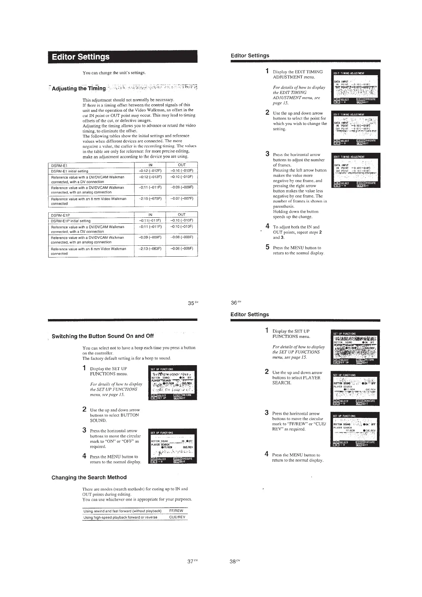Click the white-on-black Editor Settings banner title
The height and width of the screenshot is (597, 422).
81,57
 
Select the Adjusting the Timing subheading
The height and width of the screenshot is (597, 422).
78,88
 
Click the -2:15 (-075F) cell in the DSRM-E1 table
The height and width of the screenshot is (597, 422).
150,199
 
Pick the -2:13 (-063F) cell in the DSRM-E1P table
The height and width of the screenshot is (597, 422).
150,249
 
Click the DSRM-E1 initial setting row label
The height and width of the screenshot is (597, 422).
70,171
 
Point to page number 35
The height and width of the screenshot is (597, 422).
191,303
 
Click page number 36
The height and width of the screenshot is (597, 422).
234,303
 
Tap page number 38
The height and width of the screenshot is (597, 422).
233,562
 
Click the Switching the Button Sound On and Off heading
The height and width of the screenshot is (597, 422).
103,336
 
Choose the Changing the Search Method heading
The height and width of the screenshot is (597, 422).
89,478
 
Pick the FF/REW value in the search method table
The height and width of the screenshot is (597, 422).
176,511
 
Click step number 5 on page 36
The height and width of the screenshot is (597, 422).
268,247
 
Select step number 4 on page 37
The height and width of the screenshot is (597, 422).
84,456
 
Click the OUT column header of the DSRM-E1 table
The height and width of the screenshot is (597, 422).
182,165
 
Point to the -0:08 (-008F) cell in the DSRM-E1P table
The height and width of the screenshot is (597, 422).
182,238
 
